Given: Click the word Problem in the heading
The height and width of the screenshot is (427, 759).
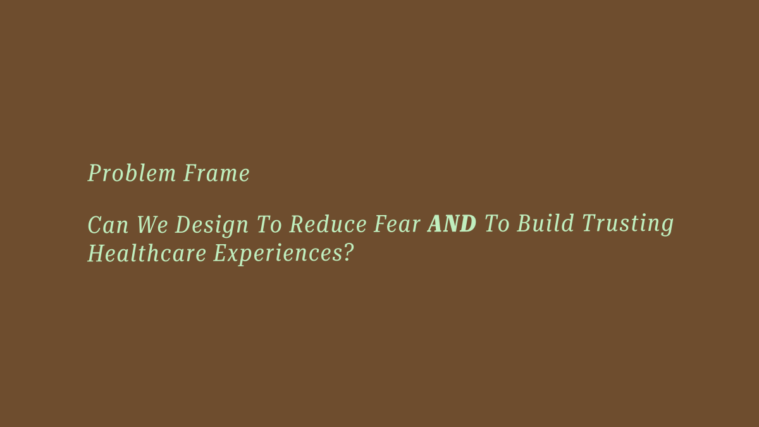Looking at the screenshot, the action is pyautogui.click(x=132, y=173).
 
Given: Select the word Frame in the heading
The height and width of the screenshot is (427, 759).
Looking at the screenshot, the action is pyautogui.click(x=216, y=173).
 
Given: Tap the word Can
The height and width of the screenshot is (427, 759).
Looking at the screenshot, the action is pyautogui.click(x=108, y=225).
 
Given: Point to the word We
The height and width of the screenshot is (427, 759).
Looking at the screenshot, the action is pyautogui.click(x=152, y=225).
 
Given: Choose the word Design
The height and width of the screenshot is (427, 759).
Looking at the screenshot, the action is pyautogui.click(x=212, y=226).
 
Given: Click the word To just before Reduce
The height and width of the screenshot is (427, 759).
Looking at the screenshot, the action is pyautogui.click(x=269, y=225).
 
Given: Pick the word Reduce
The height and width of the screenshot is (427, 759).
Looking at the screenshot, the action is pyautogui.click(x=328, y=224).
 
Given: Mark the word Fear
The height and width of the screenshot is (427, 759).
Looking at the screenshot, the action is pyautogui.click(x=397, y=224).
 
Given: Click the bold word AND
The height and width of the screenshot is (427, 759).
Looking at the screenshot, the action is pyautogui.click(x=452, y=224).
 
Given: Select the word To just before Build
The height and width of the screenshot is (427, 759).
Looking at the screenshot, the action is pyautogui.click(x=497, y=224).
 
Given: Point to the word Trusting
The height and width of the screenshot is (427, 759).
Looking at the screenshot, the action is pyautogui.click(x=627, y=225).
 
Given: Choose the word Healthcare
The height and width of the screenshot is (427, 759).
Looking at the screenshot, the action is pyautogui.click(x=147, y=253).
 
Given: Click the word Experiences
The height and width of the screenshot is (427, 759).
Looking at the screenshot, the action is pyautogui.click(x=278, y=255).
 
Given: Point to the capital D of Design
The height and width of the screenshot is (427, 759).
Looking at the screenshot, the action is pyautogui.click(x=183, y=225).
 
